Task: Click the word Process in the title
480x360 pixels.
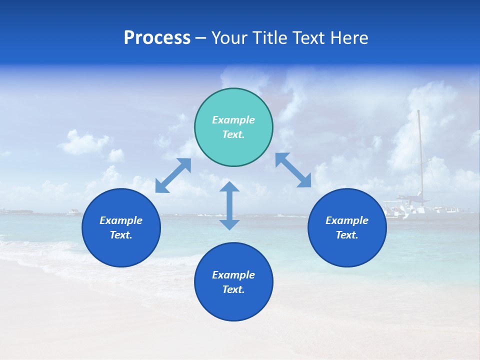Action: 157,38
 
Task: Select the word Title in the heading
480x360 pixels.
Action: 272,38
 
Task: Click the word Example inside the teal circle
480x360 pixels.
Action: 233,120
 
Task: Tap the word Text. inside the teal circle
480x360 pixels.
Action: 233,134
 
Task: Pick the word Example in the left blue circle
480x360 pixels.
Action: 121,220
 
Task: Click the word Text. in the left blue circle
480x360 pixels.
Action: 121,235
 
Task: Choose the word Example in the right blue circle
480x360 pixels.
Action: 347,220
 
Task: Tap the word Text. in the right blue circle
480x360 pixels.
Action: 347,235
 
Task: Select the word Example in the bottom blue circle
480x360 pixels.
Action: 233,275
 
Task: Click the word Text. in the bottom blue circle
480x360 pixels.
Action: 233,289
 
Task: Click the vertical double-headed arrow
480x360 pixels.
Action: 229,205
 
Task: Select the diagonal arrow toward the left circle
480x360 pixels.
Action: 173,175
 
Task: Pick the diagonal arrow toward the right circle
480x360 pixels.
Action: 293,170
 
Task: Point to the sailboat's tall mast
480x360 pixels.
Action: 420,150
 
